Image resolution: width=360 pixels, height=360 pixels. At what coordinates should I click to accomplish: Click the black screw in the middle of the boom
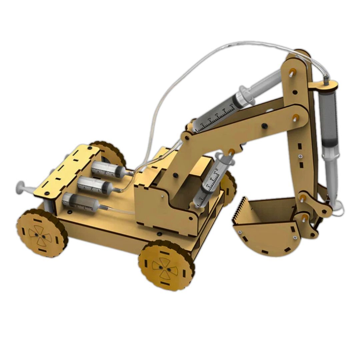click(264, 126)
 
